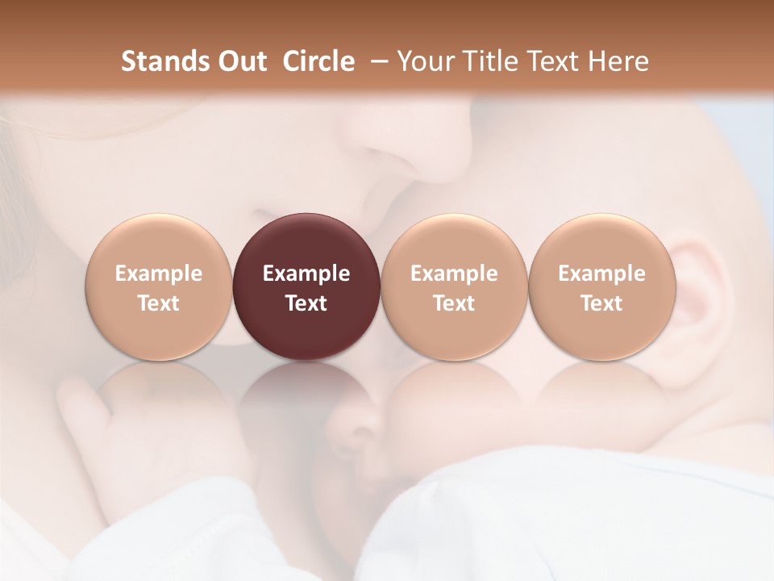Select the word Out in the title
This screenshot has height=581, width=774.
pyautogui.click(x=239, y=61)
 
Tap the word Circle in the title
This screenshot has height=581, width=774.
pyautogui.click(x=318, y=61)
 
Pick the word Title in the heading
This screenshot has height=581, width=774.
pyautogui.click(x=489, y=61)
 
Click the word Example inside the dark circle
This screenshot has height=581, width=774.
pyautogui.click(x=306, y=274)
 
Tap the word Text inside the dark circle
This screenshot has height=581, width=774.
pyautogui.click(x=306, y=303)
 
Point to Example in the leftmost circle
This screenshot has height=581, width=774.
pyautogui.click(x=159, y=274)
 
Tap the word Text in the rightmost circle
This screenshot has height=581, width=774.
pyautogui.click(x=601, y=303)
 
